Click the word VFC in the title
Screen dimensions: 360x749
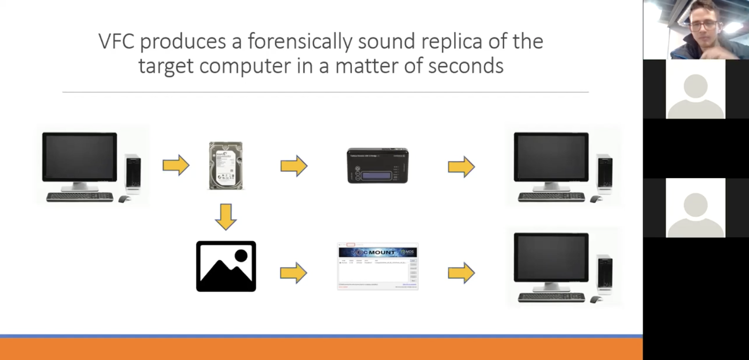[x=117, y=42]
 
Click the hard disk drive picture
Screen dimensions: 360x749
[x=226, y=166]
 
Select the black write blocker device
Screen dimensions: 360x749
[x=377, y=166]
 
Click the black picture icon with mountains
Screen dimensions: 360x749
[x=226, y=266]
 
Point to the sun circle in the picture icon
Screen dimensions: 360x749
[x=241, y=255]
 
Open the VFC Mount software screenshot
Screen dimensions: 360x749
[x=377, y=266]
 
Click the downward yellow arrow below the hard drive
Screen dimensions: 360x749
[x=226, y=217]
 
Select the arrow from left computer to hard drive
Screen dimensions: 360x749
[x=176, y=165]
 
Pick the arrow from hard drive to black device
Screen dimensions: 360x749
[x=294, y=165]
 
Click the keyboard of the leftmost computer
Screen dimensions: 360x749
[x=79, y=197]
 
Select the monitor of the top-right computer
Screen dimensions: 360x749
[x=551, y=158]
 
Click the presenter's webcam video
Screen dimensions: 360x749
[x=696, y=30]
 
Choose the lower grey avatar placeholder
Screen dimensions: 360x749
[x=696, y=208]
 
